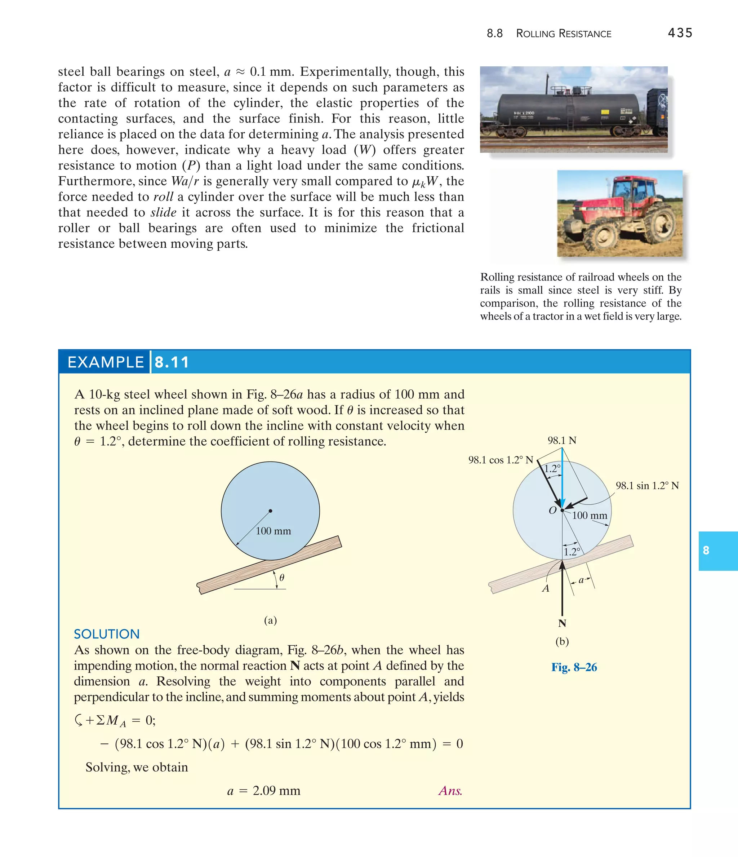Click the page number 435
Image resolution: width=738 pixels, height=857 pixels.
(680, 33)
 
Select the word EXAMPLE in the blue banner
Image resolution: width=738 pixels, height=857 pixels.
(106, 362)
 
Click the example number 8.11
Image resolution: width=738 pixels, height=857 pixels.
(172, 362)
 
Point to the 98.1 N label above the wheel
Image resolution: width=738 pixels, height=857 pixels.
(562, 441)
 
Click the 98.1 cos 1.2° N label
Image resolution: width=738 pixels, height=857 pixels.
(500, 460)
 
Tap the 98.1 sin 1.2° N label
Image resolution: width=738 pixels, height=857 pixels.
(647, 486)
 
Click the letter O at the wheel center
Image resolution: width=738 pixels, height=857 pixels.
(552, 511)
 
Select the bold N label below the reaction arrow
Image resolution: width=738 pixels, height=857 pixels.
(562, 623)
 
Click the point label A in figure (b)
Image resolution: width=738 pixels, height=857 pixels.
(546, 588)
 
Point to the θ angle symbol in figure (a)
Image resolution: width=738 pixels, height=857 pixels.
(281, 577)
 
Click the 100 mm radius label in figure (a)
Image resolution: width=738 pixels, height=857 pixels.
(273, 531)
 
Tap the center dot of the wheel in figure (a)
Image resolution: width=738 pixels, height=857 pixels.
(270, 511)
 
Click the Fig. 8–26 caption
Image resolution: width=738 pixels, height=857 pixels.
(574, 667)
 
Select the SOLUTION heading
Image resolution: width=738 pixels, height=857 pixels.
(107, 634)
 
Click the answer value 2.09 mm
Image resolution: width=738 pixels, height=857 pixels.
(276, 790)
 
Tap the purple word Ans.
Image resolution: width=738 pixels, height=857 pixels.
(450, 790)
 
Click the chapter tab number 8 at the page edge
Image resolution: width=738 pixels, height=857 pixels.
(706, 551)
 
